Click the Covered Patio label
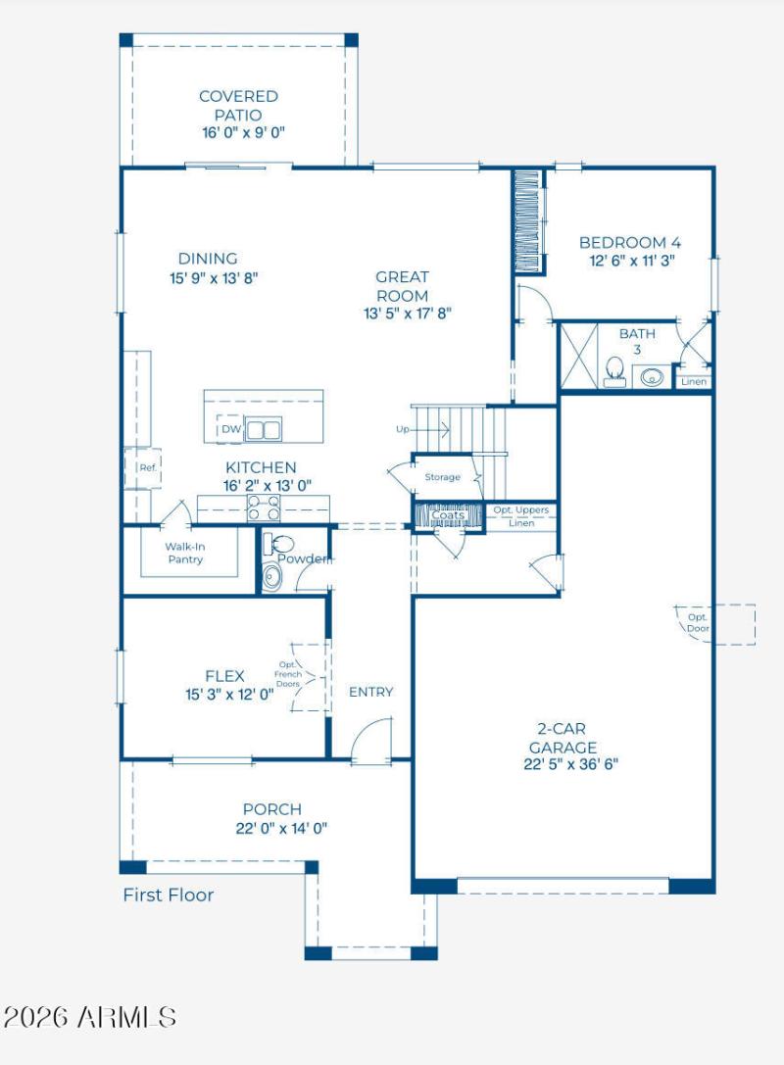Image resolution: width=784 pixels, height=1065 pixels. pyautogui.click(x=238, y=105)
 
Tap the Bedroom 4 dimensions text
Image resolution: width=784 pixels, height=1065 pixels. pyautogui.click(x=632, y=261)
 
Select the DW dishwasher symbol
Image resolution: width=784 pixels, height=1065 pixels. pyautogui.click(x=229, y=429)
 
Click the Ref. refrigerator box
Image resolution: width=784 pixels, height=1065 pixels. pyautogui.click(x=143, y=468)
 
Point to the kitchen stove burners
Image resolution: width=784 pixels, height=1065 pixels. pyautogui.click(x=264, y=508)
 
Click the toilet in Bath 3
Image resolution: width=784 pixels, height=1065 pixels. pyautogui.click(x=615, y=371)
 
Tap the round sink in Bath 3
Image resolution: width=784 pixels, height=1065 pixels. pyautogui.click(x=652, y=376)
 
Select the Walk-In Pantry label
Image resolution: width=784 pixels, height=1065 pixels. pyautogui.click(x=185, y=553)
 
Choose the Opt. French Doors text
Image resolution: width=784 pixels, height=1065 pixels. pyautogui.click(x=288, y=674)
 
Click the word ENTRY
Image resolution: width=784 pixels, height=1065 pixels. pyautogui.click(x=371, y=692)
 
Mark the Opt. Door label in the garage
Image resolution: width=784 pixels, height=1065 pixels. pyautogui.click(x=698, y=623)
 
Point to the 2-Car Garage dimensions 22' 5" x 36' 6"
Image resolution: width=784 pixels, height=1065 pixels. pyautogui.click(x=571, y=764)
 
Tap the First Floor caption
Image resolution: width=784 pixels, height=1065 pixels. pyautogui.click(x=169, y=896)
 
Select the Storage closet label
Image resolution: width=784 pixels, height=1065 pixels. pyautogui.click(x=442, y=477)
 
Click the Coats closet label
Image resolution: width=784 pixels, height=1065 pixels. pyautogui.click(x=449, y=514)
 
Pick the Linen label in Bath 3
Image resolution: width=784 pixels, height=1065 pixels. pyautogui.click(x=694, y=382)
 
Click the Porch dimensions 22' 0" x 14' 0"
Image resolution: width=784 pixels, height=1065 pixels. pyautogui.click(x=281, y=828)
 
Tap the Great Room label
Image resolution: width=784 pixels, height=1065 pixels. pyautogui.click(x=402, y=286)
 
